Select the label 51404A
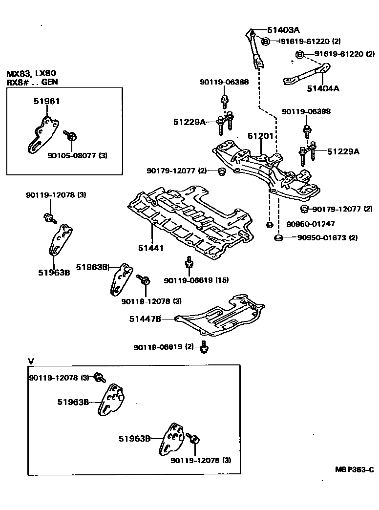pos(323,88)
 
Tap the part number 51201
pos(260,136)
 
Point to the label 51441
pos(150,248)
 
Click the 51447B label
pos(145,319)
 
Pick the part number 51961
pos(47,101)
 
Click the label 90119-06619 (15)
pos(196,280)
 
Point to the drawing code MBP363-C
pos(354,469)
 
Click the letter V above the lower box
pos(31,361)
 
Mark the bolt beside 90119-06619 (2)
pos(204,347)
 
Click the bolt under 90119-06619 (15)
pos(189,264)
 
